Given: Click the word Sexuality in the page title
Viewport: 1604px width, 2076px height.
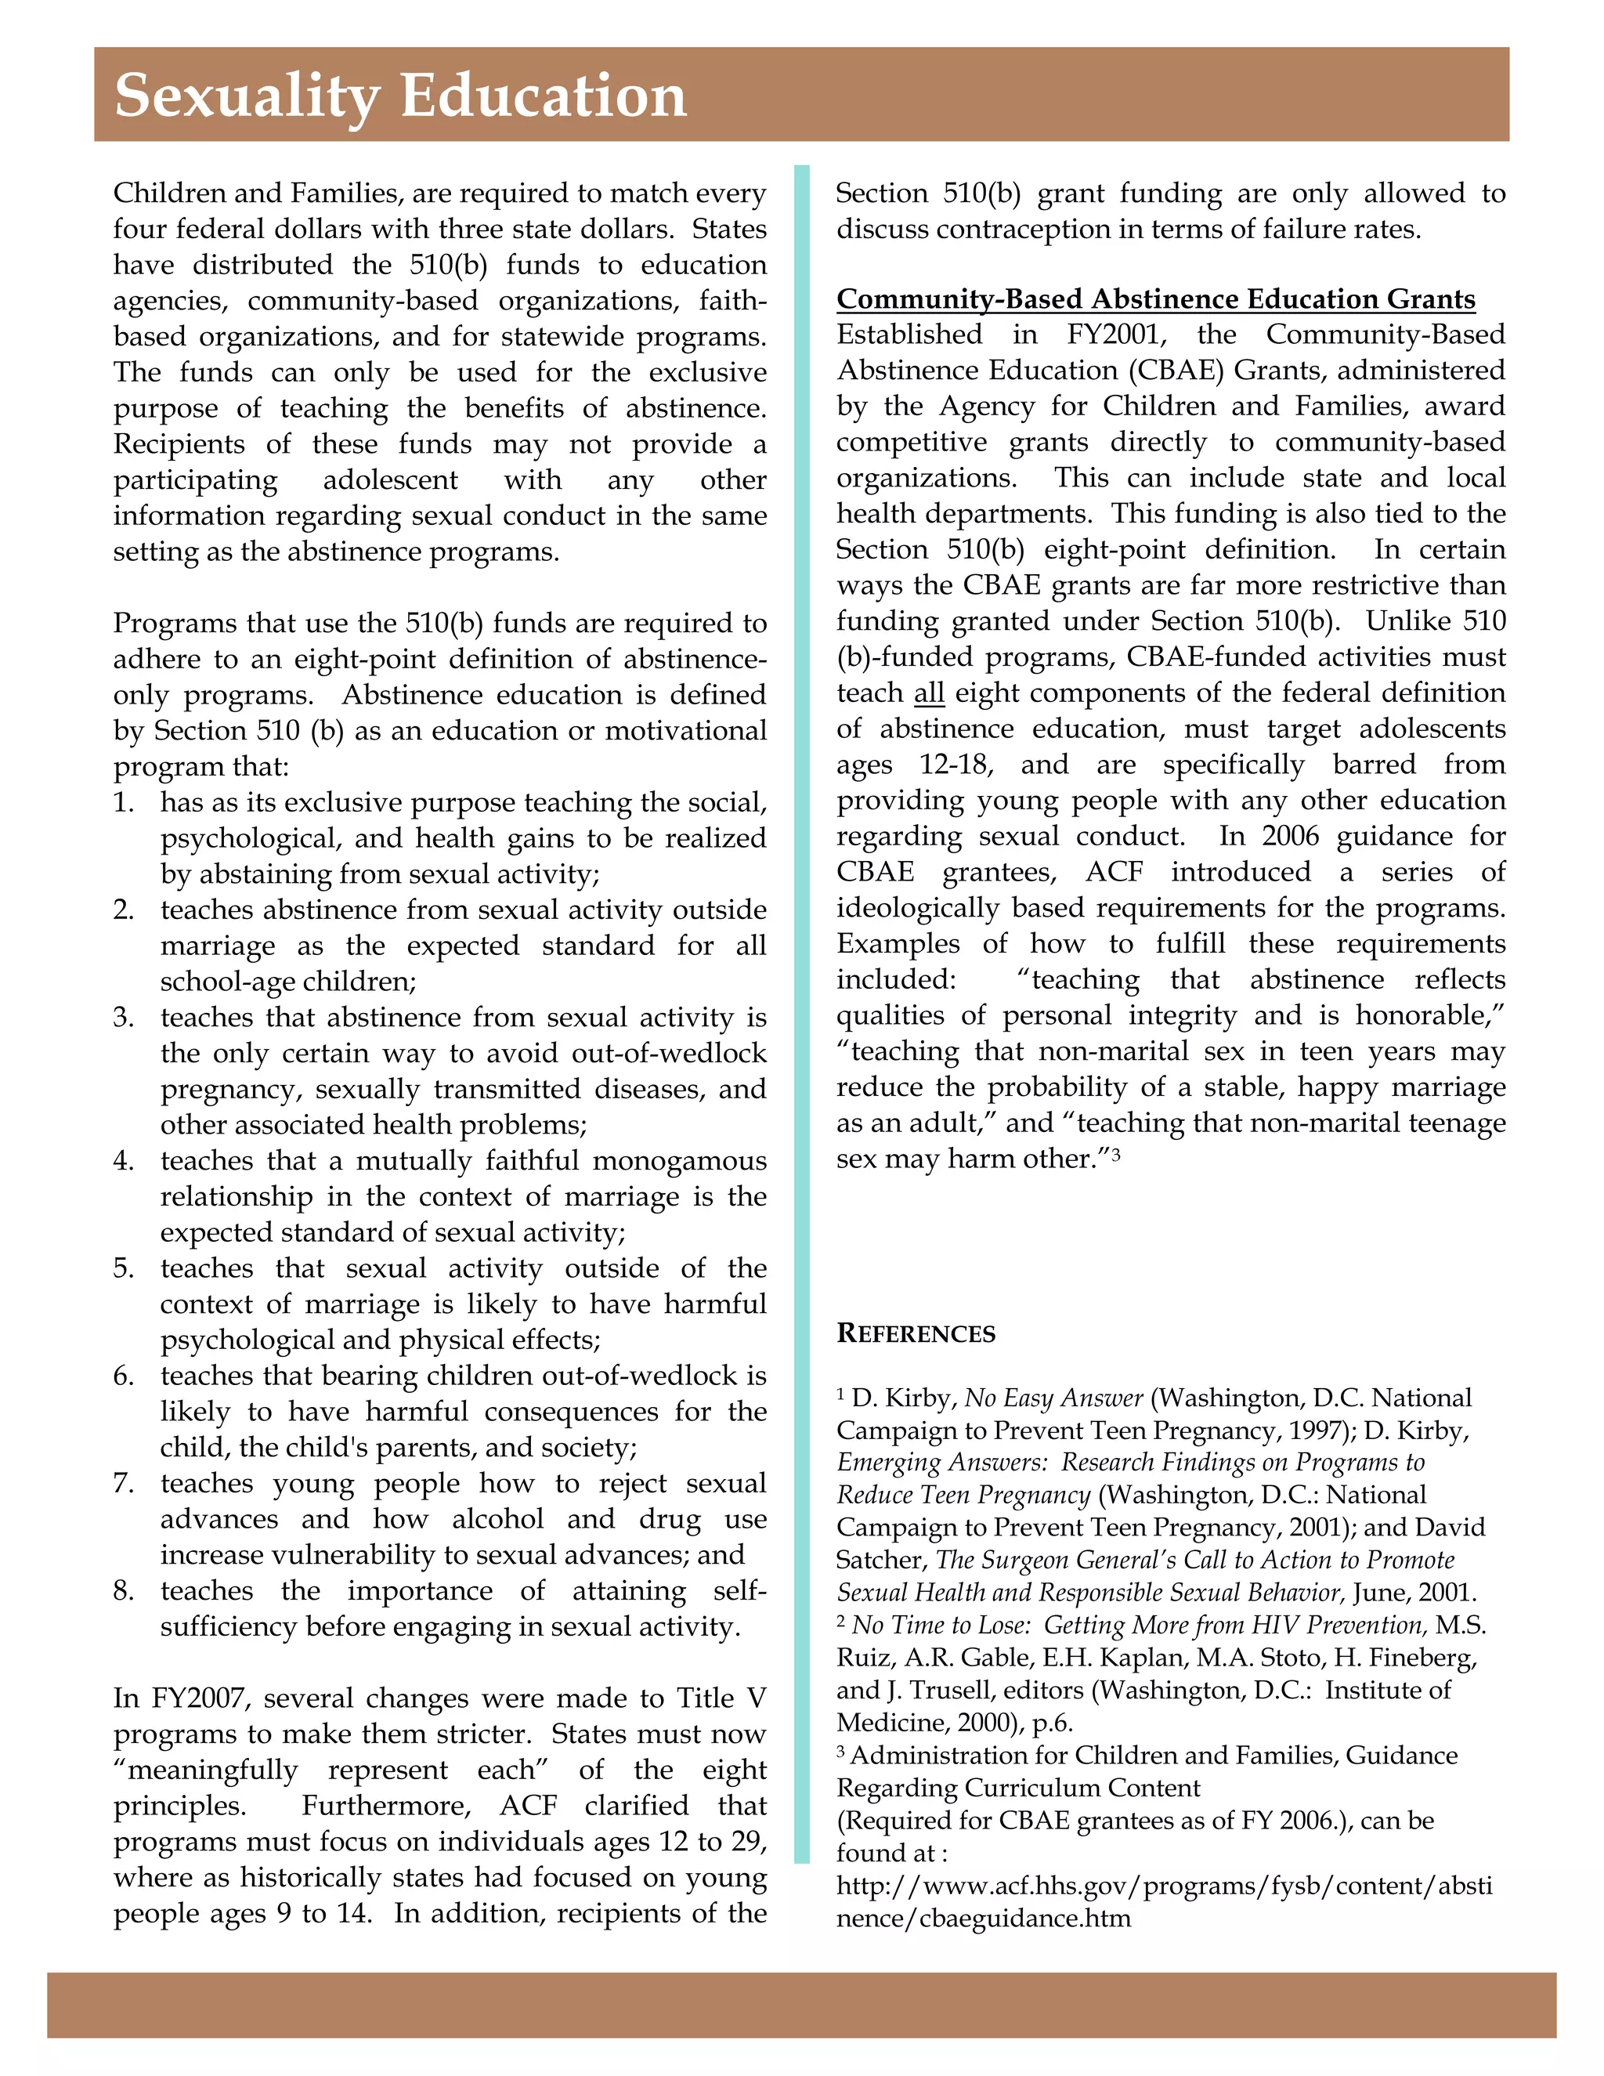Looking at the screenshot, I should [246, 97].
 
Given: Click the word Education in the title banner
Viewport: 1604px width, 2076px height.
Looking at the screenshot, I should [543, 97].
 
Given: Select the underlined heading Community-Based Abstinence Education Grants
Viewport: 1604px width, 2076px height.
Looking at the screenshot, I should [1155, 299].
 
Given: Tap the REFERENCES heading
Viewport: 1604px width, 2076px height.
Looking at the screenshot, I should [916, 1333].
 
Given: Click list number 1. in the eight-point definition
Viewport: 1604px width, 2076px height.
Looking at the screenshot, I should [125, 802].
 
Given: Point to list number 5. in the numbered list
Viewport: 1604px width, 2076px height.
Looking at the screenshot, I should [125, 1268].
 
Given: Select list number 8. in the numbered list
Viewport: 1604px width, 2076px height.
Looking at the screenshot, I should [125, 1590].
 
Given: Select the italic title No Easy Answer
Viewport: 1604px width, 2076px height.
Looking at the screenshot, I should [1053, 1398].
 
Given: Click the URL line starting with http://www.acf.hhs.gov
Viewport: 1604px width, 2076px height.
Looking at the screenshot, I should [1164, 1885].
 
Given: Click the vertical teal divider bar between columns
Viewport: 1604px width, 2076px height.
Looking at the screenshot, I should [801, 950].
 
